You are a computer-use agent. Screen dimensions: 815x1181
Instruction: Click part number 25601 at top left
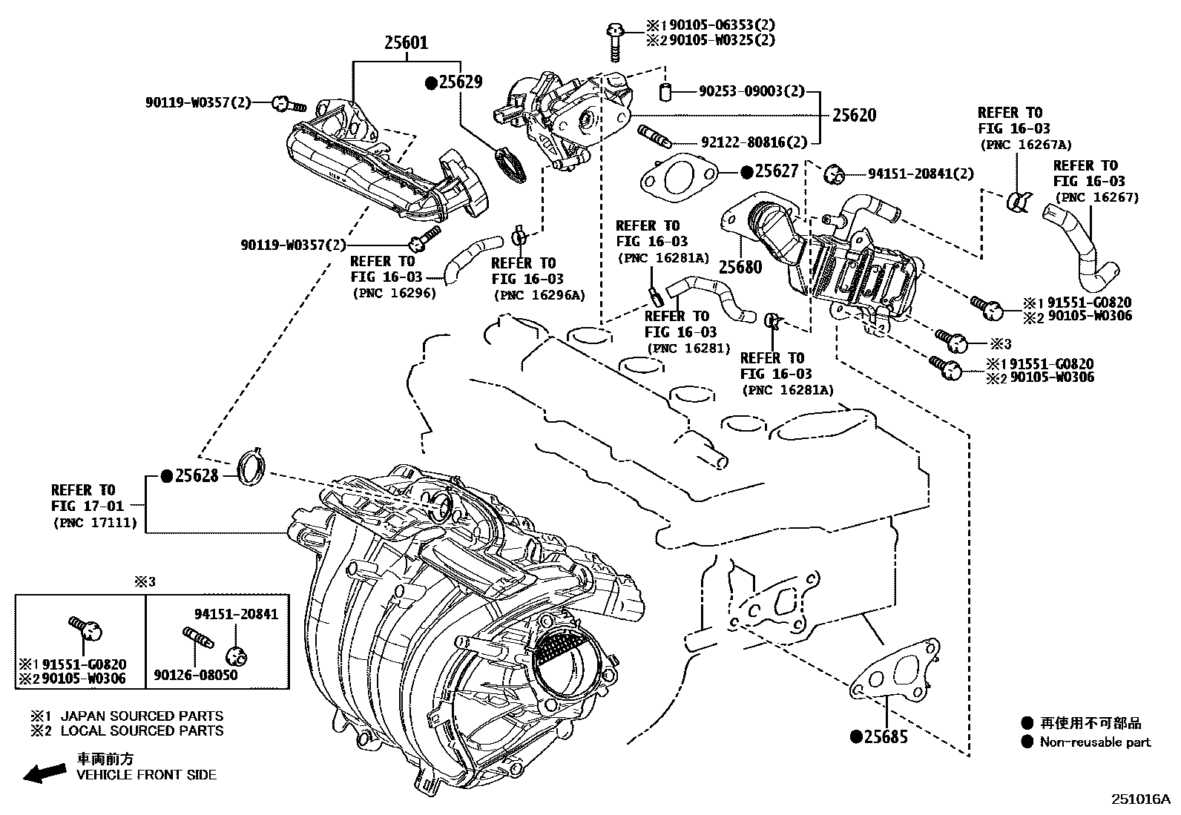406,42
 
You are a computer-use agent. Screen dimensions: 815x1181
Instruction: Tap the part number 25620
854,115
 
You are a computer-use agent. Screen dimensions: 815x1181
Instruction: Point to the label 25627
776,171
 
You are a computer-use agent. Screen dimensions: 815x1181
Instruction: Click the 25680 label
740,267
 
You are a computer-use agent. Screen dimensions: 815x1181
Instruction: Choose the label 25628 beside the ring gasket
196,475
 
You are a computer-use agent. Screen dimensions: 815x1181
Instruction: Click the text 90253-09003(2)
751,92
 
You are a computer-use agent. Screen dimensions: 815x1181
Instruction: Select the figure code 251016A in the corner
1139,799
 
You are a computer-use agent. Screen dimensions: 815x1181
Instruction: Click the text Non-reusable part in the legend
1095,742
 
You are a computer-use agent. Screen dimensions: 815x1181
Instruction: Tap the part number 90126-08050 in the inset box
196,676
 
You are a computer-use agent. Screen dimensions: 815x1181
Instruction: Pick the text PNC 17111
95,523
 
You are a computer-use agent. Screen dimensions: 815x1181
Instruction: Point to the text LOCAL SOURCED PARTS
141,730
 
